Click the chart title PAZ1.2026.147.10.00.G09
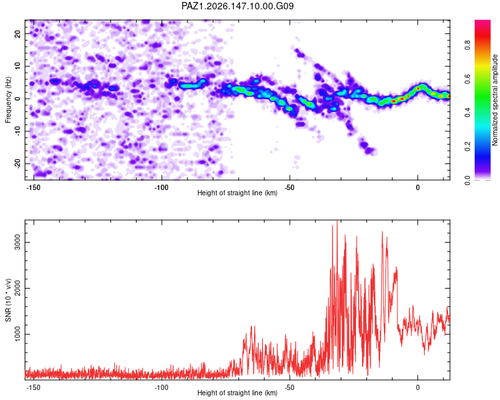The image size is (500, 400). pyautogui.click(x=237, y=6)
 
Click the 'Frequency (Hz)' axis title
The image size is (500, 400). pyautogui.click(x=8, y=100)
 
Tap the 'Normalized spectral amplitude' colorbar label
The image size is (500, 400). pyautogui.click(x=495, y=100)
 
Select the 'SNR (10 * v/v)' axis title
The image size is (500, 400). pyautogui.click(x=8, y=300)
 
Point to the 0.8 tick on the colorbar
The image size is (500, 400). pyautogui.click(x=467, y=45)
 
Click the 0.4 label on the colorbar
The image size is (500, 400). pyautogui.click(x=467, y=112)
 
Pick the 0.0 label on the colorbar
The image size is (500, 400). pyautogui.click(x=467, y=180)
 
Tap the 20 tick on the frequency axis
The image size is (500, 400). pyautogui.click(x=17, y=33)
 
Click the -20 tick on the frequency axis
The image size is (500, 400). pyautogui.click(x=17, y=163)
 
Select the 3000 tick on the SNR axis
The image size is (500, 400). pyautogui.click(x=17, y=242)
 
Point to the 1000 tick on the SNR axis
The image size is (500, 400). pyautogui.click(x=17, y=334)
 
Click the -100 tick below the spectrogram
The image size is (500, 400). pyautogui.click(x=161, y=187)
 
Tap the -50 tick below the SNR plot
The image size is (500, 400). pyautogui.click(x=289, y=387)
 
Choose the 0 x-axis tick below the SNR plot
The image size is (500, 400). pyautogui.click(x=418, y=387)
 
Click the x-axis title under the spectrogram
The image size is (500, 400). pyautogui.click(x=237, y=193)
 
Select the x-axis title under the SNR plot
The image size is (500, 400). pyautogui.click(x=237, y=393)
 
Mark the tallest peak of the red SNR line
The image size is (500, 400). pyautogui.click(x=337, y=221)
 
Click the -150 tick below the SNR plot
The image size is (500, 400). pyautogui.click(x=33, y=387)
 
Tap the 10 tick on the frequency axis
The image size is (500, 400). pyautogui.click(x=17, y=66)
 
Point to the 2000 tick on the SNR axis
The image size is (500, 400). pyautogui.click(x=17, y=288)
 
